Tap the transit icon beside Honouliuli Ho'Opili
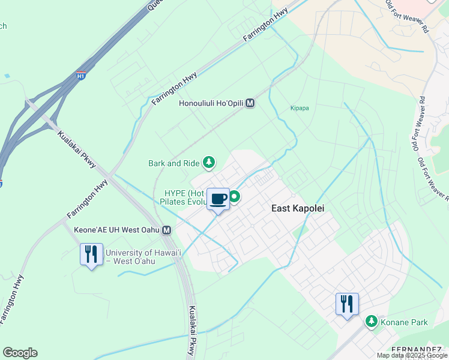click(x=250, y=103)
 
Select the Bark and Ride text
click(x=173, y=163)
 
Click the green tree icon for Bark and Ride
click(x=208, y=162)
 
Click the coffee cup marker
click(x=218, y=199)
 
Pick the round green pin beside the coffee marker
click(x=234, y=196)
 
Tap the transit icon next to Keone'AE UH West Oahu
click(x=167, y=230)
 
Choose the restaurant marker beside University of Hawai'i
click(x=91, y=254)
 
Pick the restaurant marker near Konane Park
click(x=347, y=304)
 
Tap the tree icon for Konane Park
click(x=372, y=322)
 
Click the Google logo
click(x=20, y=353)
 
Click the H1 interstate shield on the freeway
click(x=81, y=76)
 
